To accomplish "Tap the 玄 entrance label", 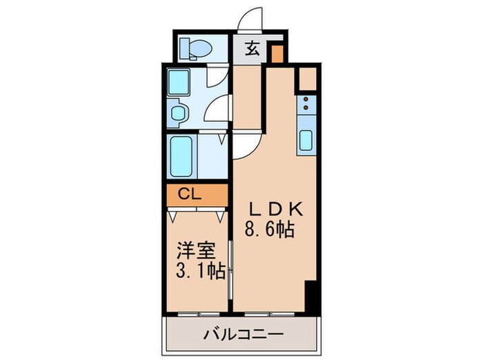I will click(x=253, y=48).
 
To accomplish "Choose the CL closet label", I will click(x=190, y=194).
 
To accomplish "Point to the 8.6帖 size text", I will click(x=270, y=229).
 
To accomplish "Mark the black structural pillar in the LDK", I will click(x=310, y=295).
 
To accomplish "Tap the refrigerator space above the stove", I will click(x=307, y=78).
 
